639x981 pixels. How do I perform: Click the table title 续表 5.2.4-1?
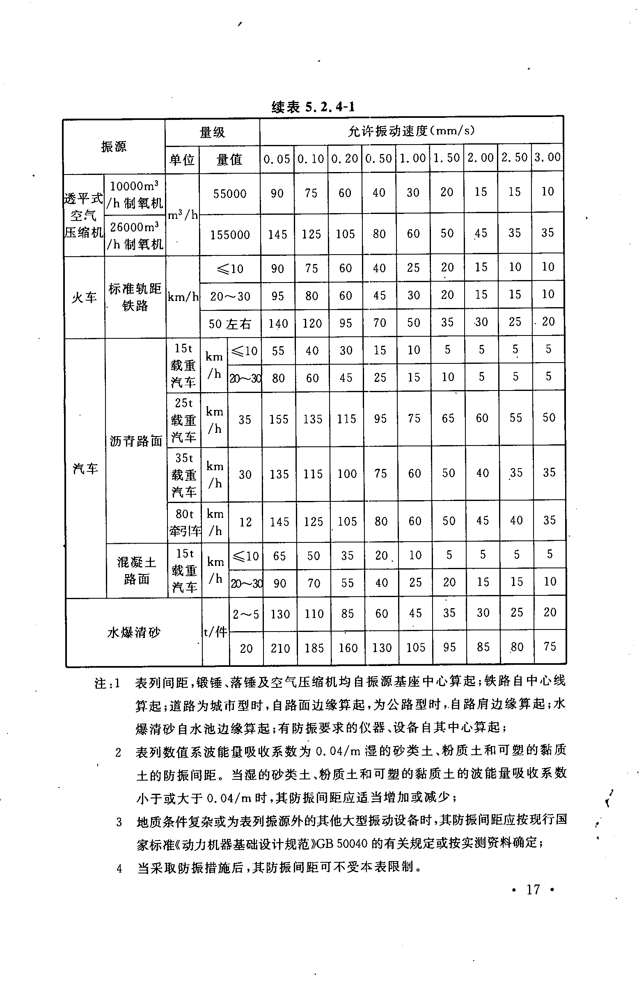pyautogui.click(x=313, y=107)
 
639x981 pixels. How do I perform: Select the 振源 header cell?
pyautogui.click(x=114, y=146)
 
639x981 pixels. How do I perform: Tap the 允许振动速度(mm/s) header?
pyautogui.click(x=411, y=131)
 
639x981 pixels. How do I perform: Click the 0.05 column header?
pyautogui.click(x=277, y=158)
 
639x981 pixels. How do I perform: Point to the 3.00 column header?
pyautogui.click(x=547, y=157)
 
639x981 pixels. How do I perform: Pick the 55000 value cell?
pyautogui.click(x=229, y=193)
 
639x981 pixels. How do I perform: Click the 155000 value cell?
pyautogui.click(x=230, y=234)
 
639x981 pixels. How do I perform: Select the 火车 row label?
pyautogui.click(x=84, y=297)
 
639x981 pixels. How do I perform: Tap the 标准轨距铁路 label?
pyautogui.click(x=135, y=297)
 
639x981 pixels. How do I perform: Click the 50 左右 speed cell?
pyautogui.click(x=229, y=324)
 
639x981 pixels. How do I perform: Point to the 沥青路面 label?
pyautogui.click(x=136, y=441)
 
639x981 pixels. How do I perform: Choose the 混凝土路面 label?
pyautogui.click(x=137, y=570)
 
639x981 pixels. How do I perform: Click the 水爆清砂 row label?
pyautogui.click(x=133, y=632)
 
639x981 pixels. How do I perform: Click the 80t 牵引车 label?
pyautogui.click(x=184, y=522)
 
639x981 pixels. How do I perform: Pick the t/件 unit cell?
pyautogui.click(x=215, y=632)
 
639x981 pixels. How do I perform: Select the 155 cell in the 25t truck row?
pyautogui.click(x=279, y=419)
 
